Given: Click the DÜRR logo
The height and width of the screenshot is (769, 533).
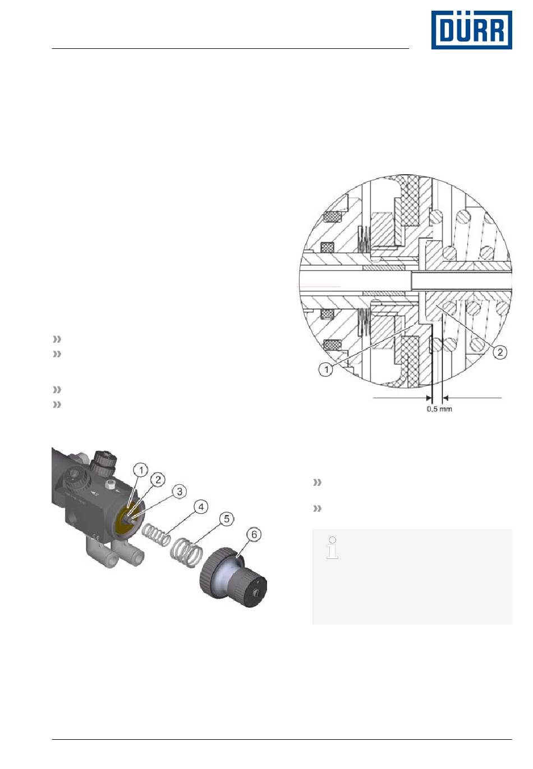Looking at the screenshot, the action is tap(471, 30).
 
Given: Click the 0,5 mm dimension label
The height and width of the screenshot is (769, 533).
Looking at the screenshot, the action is tap(439, 409).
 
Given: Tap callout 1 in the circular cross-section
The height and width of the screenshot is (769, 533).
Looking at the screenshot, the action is tap(325, 370).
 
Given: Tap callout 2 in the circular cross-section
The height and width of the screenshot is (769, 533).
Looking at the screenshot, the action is tap(500, 352).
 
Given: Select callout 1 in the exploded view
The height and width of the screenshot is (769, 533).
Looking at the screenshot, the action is tap(141, 470).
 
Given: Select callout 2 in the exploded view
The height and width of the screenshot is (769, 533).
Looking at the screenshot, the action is tap(158, 480).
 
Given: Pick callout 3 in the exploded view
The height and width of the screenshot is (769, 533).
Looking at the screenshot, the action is tap(180, 492).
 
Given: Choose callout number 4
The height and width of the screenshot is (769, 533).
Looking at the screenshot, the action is tap(201, 507).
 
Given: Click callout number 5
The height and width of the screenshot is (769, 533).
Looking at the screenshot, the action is tap(227, 518).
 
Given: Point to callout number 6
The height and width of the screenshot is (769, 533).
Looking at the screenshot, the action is tap(254, 535).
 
